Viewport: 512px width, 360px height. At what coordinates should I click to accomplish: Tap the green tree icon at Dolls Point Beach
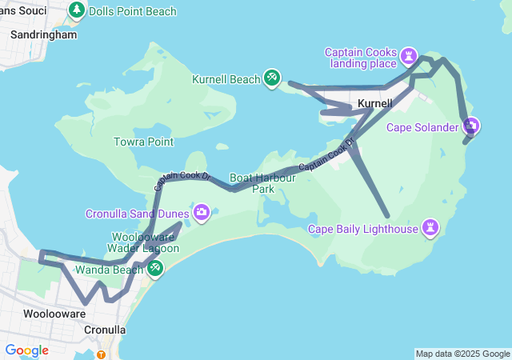(77, 10)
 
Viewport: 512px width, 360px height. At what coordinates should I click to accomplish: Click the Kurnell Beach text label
(226, 79)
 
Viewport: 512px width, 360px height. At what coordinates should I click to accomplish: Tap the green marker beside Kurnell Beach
(272, 78)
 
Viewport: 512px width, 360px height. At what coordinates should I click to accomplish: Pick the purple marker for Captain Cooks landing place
(410, 55)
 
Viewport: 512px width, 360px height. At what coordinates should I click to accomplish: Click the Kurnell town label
(374, 104)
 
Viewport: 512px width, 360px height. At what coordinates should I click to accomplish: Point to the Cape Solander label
(422, 127)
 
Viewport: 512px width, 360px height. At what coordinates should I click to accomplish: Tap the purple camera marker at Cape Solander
(471, 126)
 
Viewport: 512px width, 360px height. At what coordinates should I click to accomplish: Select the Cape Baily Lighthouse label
(364, 230)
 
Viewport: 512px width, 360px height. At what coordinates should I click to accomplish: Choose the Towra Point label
(144, 142)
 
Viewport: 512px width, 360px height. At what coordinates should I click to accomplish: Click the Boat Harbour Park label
(262, 183)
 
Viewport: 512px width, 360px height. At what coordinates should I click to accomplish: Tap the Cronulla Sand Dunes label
(138, 214)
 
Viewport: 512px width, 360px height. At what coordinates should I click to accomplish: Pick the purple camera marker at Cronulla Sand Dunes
(202, 212)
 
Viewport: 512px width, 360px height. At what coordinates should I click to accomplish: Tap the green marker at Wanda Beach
(155, 267)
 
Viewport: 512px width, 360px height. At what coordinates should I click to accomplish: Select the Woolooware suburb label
(54, 314)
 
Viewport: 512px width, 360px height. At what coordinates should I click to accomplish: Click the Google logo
(26, 350)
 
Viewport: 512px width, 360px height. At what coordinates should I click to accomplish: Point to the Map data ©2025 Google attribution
(462, 354)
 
